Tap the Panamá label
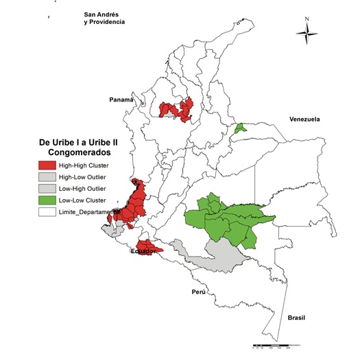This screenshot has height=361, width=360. click(x=121, y=100)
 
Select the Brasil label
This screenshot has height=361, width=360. click(x=297, y=318)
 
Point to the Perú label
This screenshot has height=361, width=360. click(x=199, y=292)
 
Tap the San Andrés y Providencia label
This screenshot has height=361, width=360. click(x=104, y=18)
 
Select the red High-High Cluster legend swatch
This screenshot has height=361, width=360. click(x=47, y=165)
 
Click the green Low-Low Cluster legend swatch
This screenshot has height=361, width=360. click(x=47, y=200)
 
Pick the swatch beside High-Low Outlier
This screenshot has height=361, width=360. click(x=47, y=176)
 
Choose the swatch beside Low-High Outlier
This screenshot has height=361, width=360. click(x=47, y=188)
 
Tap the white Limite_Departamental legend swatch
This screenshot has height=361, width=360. click(x=47, y=211)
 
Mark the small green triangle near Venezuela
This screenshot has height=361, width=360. click(x=239, y=128)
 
